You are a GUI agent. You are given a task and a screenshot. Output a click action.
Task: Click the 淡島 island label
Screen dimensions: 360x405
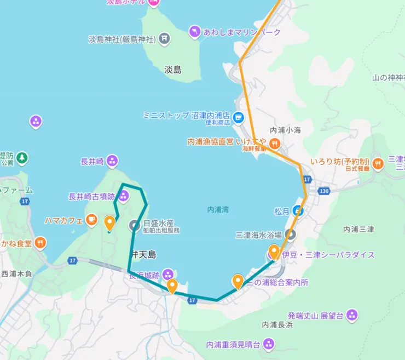[172, 70]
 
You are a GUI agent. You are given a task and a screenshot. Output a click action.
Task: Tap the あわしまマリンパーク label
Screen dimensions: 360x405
[241, 32]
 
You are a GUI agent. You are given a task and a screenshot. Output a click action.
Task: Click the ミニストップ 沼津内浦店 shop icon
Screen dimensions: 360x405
[238, 116]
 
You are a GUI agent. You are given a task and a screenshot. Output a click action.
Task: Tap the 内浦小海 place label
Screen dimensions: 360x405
[285, 130]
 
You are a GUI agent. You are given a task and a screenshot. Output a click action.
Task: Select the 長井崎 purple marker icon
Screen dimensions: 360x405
[113, 161]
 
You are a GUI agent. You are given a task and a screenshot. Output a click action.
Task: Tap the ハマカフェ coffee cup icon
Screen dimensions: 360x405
[91, 220]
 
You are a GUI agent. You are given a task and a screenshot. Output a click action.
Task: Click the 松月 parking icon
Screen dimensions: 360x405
[298, 210]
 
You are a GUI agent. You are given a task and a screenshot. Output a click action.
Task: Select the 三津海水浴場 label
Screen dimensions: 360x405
[258, 235]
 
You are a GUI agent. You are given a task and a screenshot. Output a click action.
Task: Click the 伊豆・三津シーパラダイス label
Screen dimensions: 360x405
[329, 255]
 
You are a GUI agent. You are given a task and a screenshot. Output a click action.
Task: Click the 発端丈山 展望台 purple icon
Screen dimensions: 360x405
[352, 315]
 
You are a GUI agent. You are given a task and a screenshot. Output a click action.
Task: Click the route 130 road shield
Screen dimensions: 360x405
[323, 191]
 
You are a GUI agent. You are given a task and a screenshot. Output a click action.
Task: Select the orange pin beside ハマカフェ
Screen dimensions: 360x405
[109, 222]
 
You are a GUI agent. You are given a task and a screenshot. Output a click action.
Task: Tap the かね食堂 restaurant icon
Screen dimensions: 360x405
[40, 242]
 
